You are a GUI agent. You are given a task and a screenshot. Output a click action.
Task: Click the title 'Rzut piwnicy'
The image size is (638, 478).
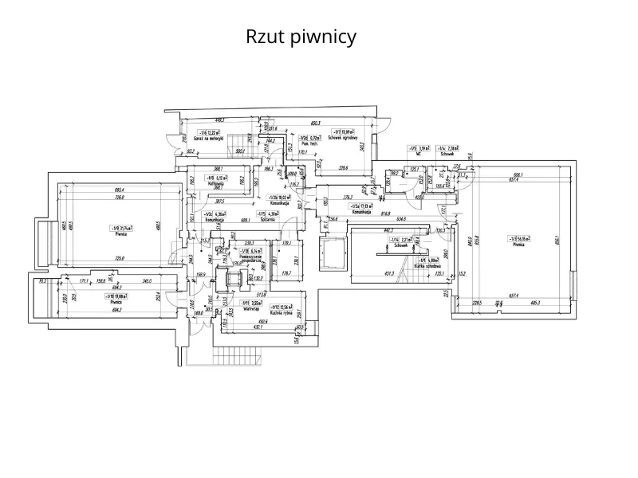click(x=300, y=37)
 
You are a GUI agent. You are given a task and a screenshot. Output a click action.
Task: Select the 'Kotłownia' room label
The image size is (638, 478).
click(x=214, y=183)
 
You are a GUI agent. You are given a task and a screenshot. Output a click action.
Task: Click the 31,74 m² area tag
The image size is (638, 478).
click(x=122, y=228)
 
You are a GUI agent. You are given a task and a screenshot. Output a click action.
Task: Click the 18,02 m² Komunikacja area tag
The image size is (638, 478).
click(x=279, y=197)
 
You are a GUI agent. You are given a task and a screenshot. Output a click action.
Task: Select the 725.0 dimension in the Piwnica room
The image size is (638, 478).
click(x=119, y=258)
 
